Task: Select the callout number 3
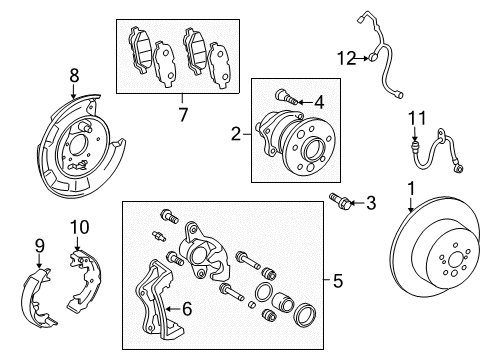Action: click(371, 204)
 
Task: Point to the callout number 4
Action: click(319, 101)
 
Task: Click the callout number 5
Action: click(337, 282)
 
